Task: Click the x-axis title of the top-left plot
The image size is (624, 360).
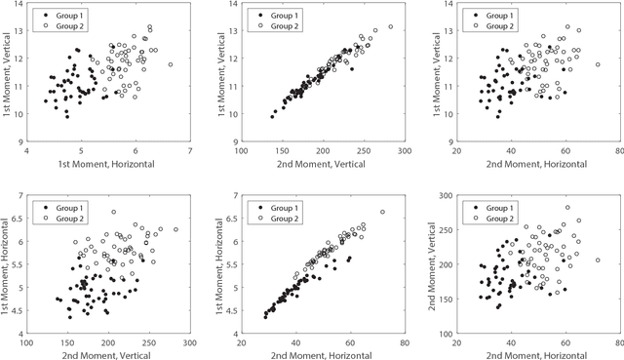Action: point(108,163)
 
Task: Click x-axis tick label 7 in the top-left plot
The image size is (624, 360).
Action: point(189,150)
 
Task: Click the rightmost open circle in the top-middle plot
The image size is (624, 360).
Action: point(390,26)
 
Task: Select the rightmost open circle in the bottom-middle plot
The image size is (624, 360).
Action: point(382,212)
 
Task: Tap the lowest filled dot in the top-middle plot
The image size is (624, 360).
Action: point(273,116)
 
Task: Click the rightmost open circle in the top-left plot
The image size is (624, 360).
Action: point(170,64)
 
